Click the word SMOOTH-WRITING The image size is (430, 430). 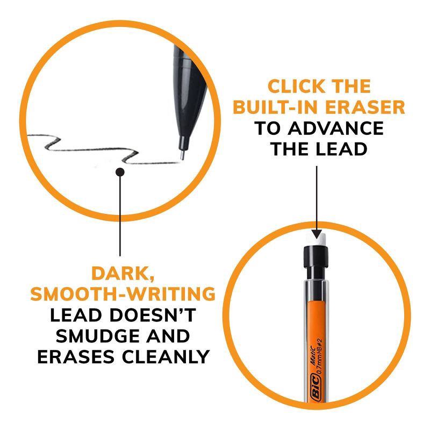123,294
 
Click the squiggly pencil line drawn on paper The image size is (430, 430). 102,148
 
